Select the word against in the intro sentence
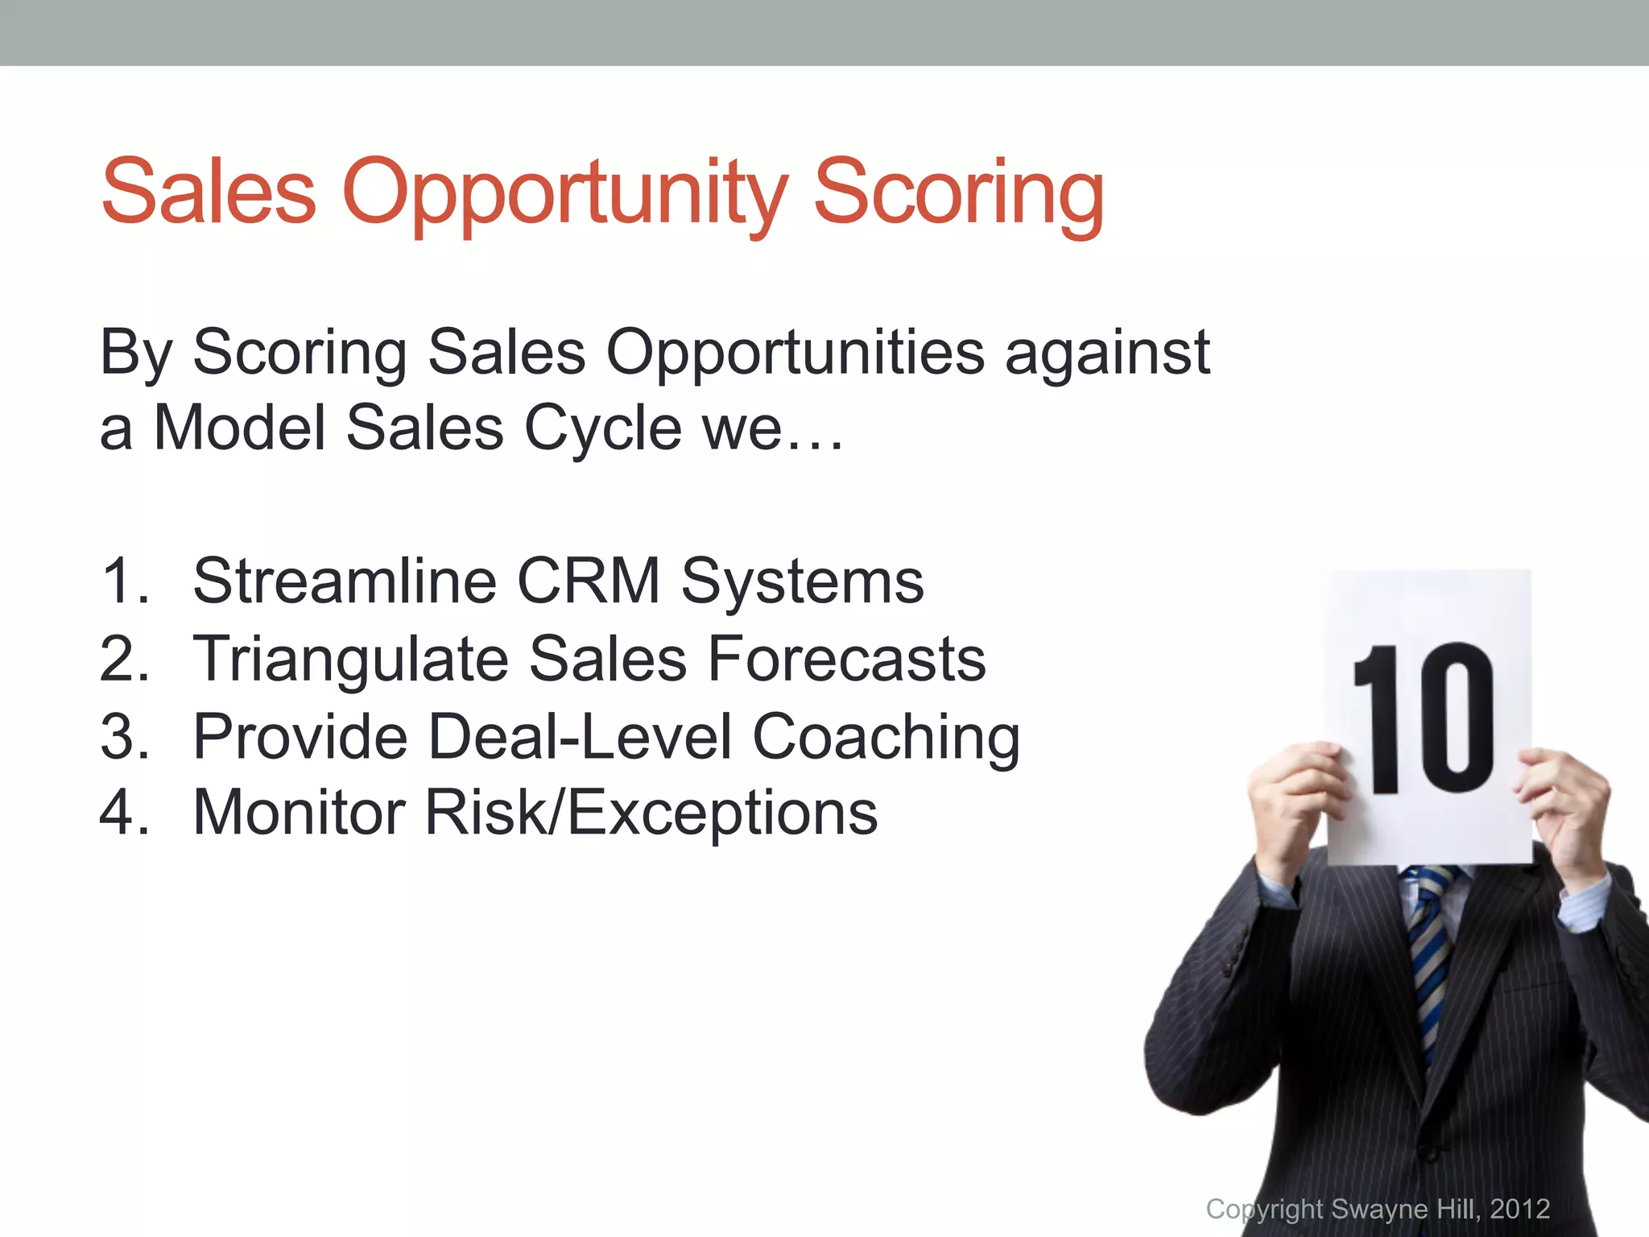(x=1107, y=353)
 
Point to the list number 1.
(x=125, y=581)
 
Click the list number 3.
(x=125, y=736)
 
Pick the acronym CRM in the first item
(x=589, y=581)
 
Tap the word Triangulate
(x=351, y=660)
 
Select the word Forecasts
(x=846, y=660)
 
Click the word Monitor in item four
(x=299, y=813)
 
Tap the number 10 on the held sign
(x=1423, y=718)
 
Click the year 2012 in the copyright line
(x=1519, y=1210)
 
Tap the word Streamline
(x=345, y=581)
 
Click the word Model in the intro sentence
(x=239, y=428)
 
